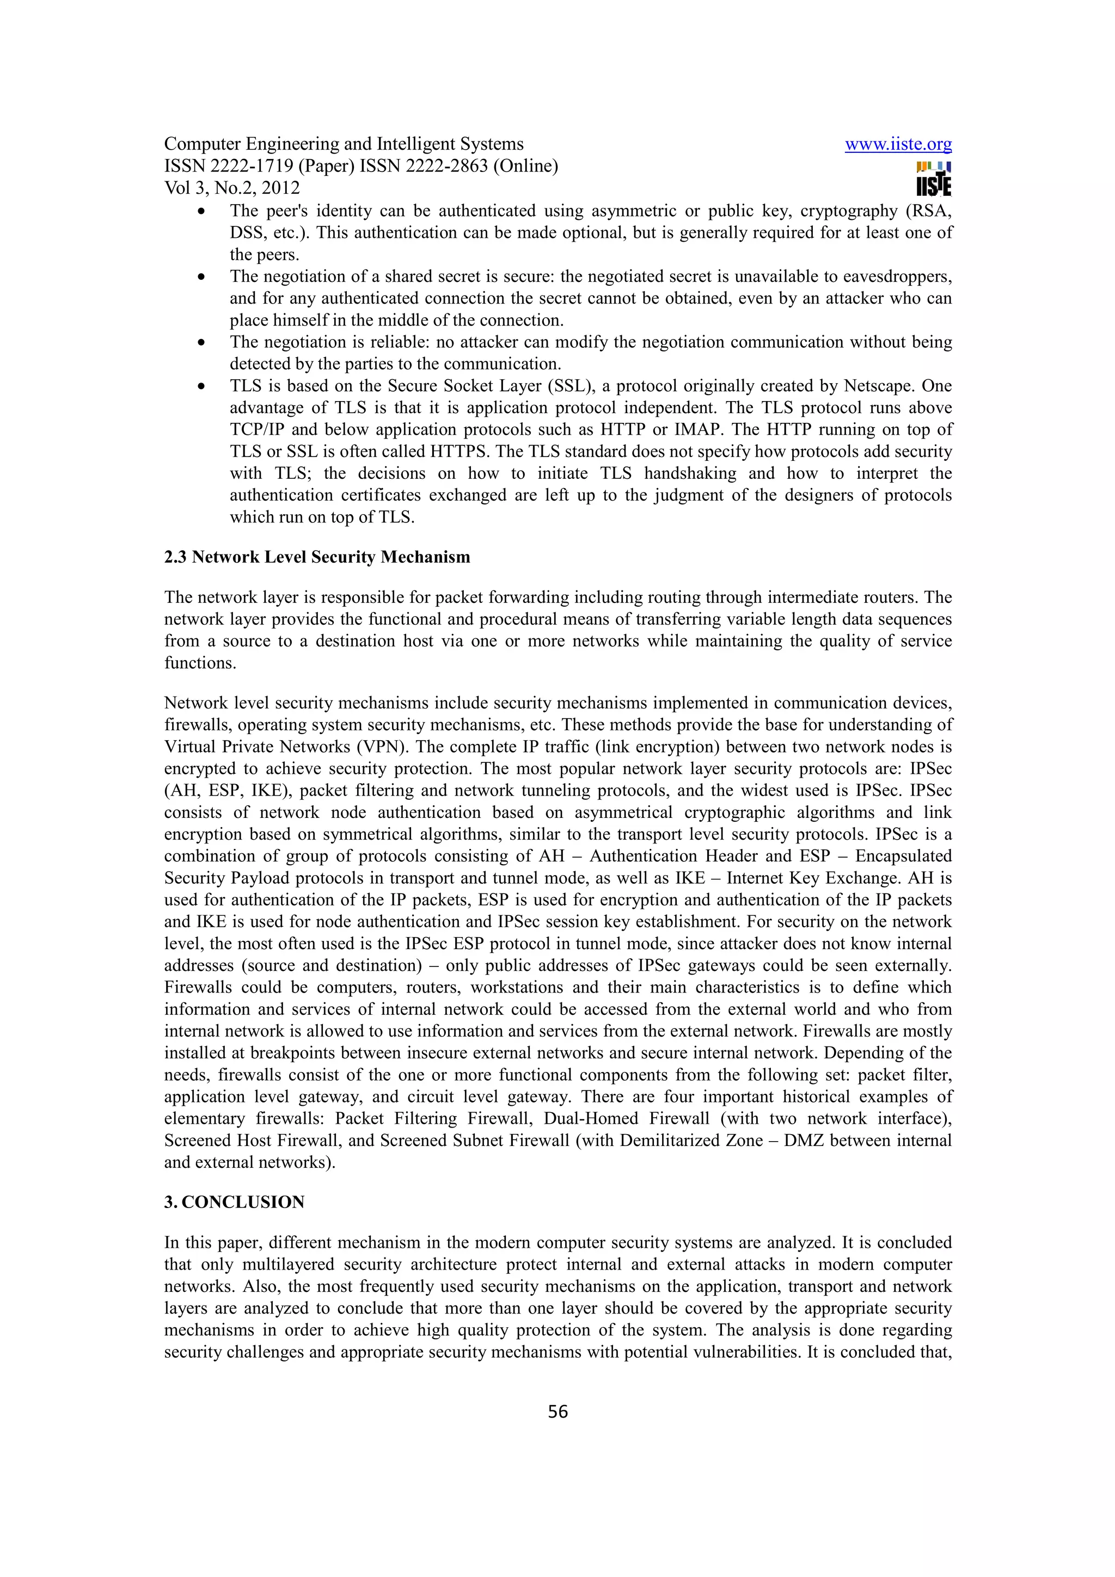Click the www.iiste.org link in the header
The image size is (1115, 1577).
click(x=898, y=144)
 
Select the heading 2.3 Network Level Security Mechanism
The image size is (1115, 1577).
click(x=317, y=557)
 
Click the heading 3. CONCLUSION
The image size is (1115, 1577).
click(x=234, y=1202)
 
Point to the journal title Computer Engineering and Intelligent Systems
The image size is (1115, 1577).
click(x=344, y=144)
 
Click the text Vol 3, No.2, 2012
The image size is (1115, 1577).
click(x=231, y=188)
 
